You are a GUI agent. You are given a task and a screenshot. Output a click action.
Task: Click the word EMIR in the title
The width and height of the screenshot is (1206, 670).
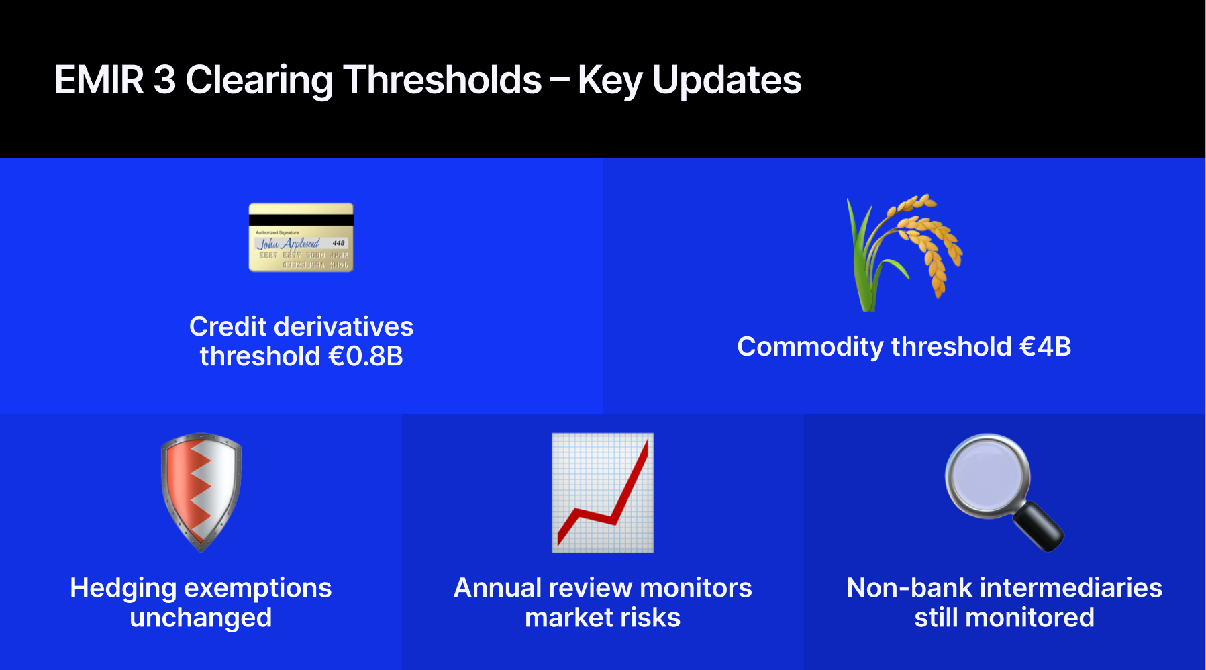(99, 80)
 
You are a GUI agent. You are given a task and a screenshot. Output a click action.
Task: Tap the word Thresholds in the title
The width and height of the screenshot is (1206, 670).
(442, 80)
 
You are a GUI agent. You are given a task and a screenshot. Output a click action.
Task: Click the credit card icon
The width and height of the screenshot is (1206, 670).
(301, 237)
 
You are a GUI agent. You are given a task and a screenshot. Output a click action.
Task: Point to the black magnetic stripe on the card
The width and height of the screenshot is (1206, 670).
(301, 220)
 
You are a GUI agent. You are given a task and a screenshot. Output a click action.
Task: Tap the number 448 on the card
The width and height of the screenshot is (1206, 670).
(338, 243)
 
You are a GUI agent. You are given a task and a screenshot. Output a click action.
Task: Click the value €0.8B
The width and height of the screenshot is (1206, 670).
(365, 356)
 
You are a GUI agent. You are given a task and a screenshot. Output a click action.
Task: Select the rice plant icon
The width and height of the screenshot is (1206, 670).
(904, 252)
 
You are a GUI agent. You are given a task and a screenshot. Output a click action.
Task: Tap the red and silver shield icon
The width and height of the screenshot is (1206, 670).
(201, 492)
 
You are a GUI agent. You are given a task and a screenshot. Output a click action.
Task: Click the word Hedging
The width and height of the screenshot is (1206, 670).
(123, 589)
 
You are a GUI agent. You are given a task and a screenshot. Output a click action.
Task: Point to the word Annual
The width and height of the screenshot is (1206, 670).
(497, 588)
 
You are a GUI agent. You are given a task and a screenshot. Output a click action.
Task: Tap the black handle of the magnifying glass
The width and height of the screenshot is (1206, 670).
(1038, 526)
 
